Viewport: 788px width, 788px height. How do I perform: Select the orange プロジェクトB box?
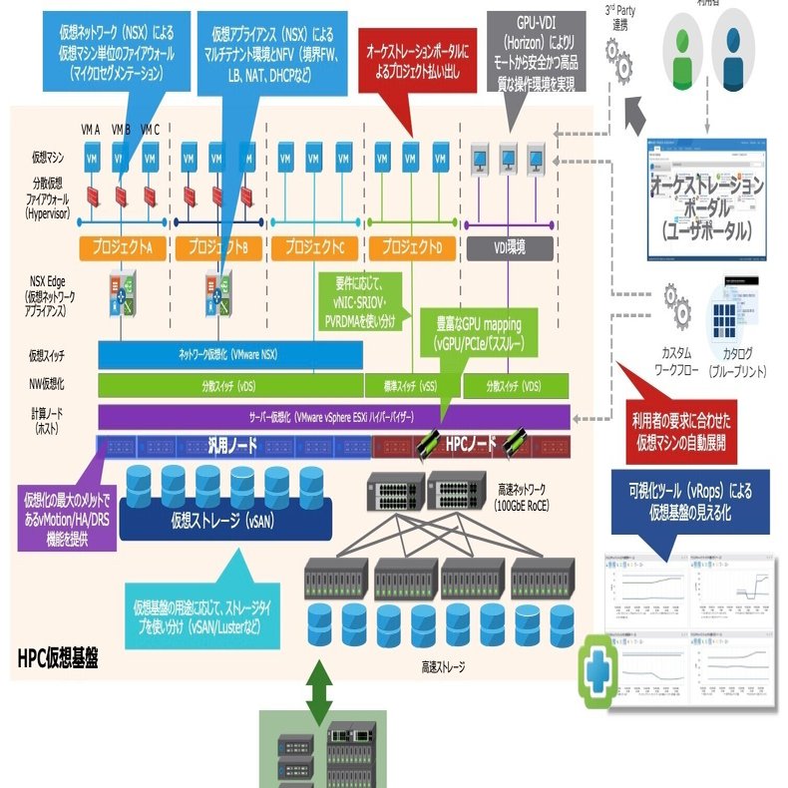pos(219,246)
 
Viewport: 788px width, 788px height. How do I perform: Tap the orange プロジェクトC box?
pos(314,246)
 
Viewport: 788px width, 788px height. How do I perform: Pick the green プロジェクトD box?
pos(411,246)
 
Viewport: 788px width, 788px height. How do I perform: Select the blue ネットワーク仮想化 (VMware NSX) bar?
pos(230,354)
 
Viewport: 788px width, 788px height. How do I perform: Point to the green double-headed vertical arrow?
pos(318,692)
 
